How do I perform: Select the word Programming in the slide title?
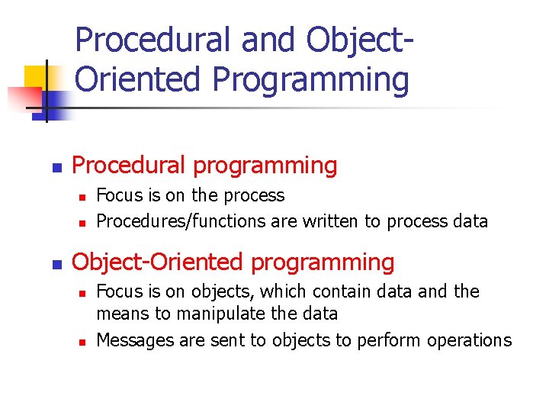click(x=311, y=79)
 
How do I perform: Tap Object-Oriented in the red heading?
click(x=158, y=262)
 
